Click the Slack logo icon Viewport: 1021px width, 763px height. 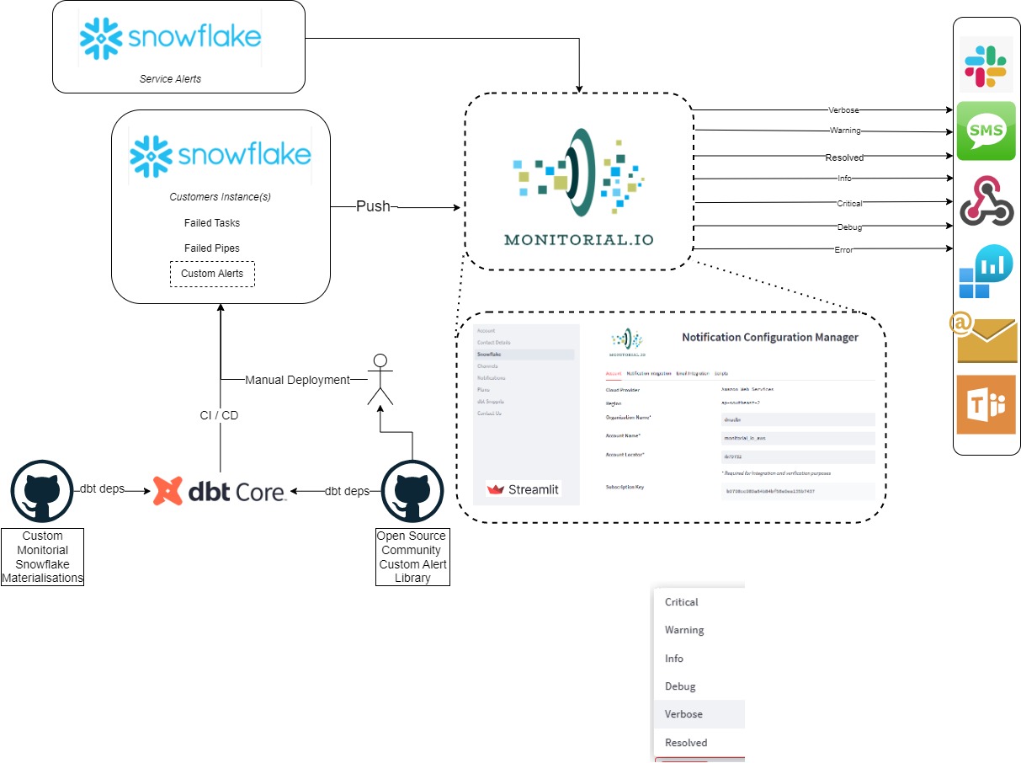986,65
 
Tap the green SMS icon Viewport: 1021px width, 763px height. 986,131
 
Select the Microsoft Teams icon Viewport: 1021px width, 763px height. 986,405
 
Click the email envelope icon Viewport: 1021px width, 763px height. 986,339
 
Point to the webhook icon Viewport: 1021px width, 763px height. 986,200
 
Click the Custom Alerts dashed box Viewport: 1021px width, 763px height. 212,274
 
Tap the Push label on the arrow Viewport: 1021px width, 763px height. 373,206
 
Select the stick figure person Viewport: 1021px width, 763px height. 380,380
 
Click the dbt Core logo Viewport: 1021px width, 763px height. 220,490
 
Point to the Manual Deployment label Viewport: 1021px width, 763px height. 297,380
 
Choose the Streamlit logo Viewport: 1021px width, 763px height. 524,489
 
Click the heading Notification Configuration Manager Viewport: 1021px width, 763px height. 769,338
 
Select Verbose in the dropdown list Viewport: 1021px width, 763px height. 683,714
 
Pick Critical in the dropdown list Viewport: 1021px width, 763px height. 682,602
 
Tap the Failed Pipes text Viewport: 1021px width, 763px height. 212,248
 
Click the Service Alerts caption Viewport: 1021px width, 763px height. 170,79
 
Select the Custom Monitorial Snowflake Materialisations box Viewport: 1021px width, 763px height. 42,557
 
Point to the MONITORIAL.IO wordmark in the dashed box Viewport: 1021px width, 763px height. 578,239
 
